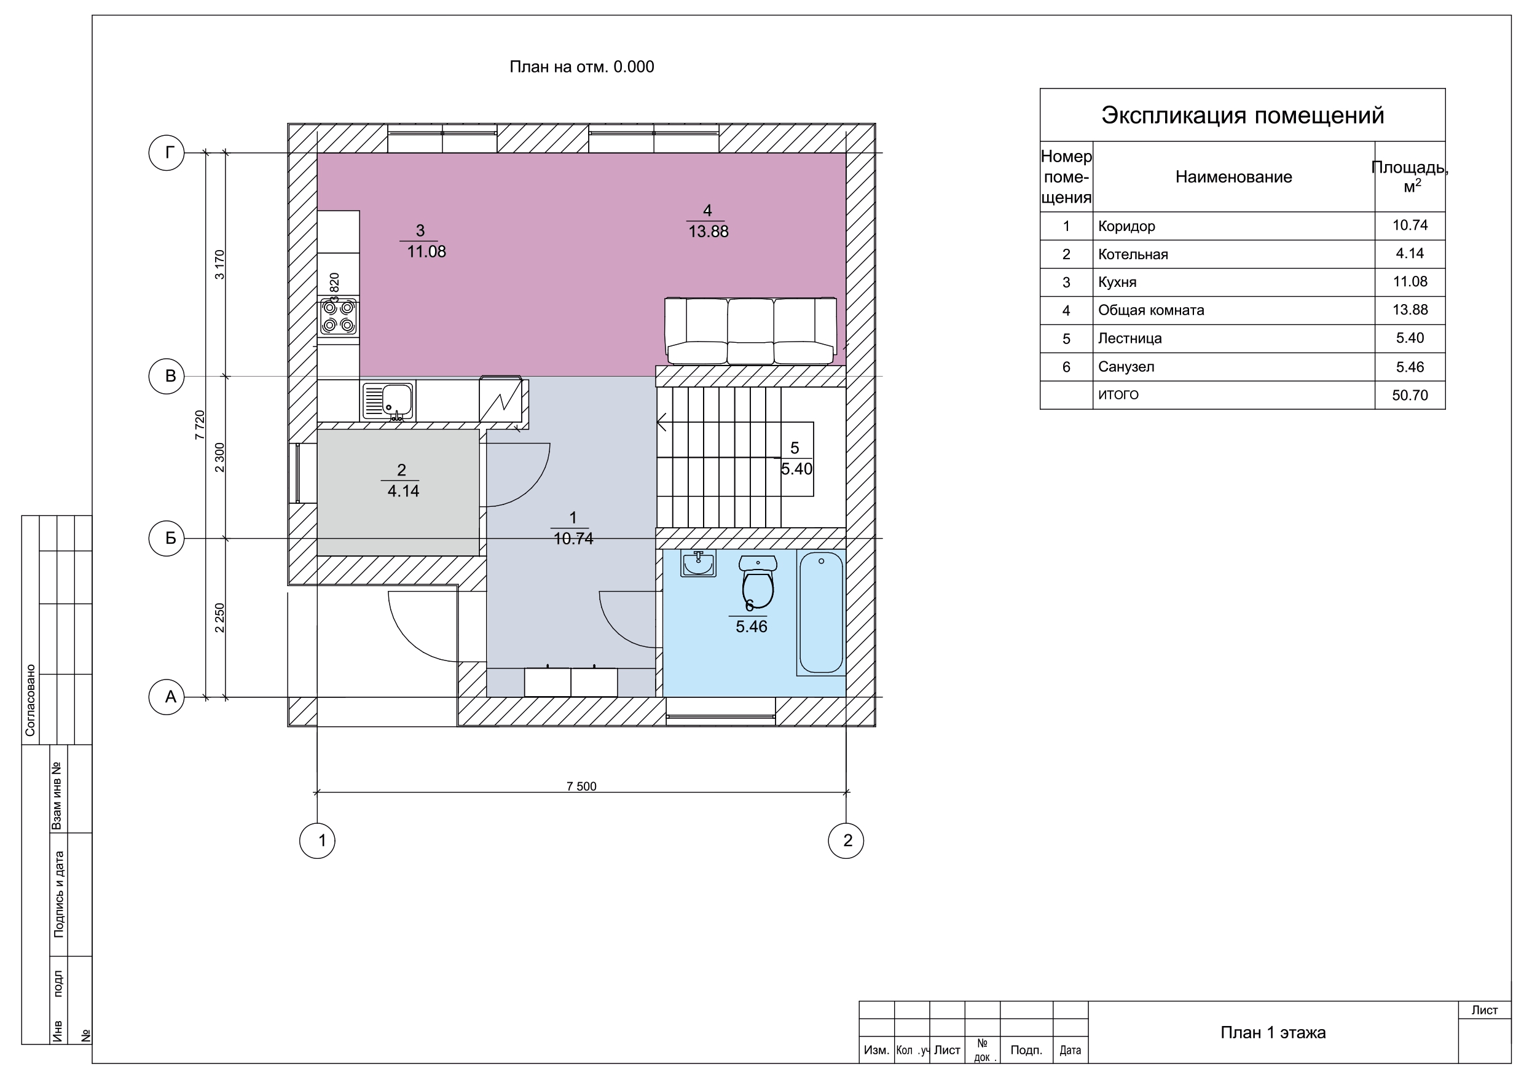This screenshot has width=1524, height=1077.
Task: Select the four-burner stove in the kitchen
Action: coord(339,316)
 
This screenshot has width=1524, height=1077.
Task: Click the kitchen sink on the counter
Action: coord(389,401)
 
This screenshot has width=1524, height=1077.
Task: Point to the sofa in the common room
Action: coord(751,331)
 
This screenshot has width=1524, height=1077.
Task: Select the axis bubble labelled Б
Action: coord(167,538)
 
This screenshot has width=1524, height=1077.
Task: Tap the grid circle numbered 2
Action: coord(846,840)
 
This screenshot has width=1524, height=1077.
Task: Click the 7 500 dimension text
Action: coord(581,786)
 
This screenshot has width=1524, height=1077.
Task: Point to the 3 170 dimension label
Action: coord(221,264)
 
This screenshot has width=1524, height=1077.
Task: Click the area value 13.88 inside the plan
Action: coord(709,232)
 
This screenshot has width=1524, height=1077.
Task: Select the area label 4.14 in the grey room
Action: coord(404,491)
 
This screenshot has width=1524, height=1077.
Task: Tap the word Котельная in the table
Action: coord(1133,254)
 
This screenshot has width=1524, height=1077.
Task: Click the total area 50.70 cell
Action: coord(1410,396)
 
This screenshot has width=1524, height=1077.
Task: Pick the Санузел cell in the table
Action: coord(1126,367)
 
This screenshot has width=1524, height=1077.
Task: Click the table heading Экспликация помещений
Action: coord(1243,116)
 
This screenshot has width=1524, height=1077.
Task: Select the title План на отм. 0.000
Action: coord(581,66)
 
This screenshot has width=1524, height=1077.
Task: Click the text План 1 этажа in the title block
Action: coord(1273,1033)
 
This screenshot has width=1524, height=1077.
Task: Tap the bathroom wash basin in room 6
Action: coord(698,564)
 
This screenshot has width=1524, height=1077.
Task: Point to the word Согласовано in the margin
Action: coord(30,700)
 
